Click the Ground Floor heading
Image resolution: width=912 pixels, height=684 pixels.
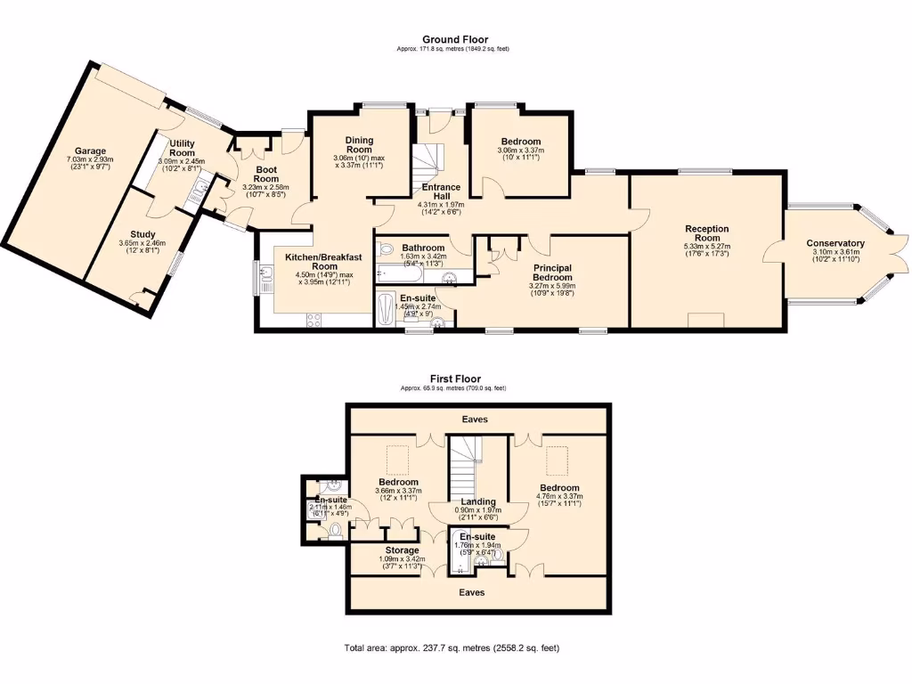(454, 39)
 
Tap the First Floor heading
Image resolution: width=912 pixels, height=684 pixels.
(454, 379)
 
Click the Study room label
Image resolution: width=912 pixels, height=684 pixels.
(136, 234)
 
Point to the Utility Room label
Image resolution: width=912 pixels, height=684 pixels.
(182, 148)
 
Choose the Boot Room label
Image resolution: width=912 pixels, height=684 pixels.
(266, 174)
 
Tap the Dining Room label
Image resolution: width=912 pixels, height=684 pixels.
(359, 144)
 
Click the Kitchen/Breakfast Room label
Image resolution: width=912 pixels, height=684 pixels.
(312, 261)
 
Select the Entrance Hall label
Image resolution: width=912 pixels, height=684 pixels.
(440, 191)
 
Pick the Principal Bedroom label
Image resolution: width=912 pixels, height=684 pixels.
(552, 272)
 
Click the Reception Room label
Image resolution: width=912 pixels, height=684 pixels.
(706, 233)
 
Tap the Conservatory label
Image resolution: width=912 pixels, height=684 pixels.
(835, 243)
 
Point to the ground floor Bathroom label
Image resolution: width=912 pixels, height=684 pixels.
(423, 248)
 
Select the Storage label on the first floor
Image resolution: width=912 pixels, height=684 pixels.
(402, 550)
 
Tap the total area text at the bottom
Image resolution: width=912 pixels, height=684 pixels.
(452, 647)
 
